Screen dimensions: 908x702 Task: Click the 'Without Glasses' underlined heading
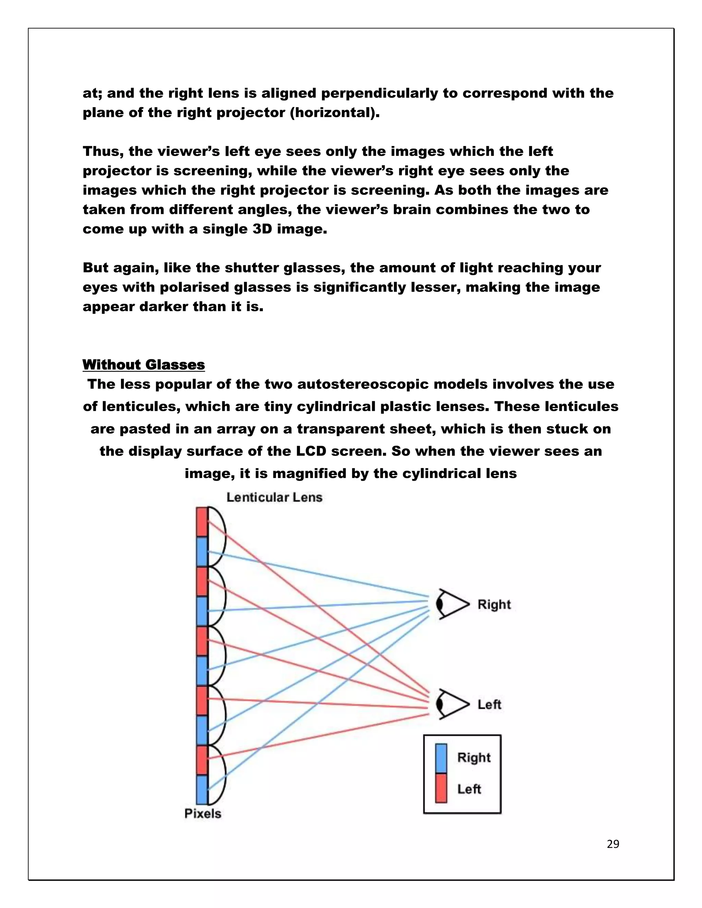tap(144, 365)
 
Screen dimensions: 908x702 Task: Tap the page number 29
tap(613, 844)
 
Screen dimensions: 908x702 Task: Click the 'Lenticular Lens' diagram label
tap(275, 497)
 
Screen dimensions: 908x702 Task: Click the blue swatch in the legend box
tap(441, 758)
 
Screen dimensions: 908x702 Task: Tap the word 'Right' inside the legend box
tap(474, 758)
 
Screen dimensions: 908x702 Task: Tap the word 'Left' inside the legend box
tap(469, 789)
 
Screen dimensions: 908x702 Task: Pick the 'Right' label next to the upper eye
tap(494, 604)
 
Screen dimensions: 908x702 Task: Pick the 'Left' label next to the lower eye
tap(489, 704)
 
